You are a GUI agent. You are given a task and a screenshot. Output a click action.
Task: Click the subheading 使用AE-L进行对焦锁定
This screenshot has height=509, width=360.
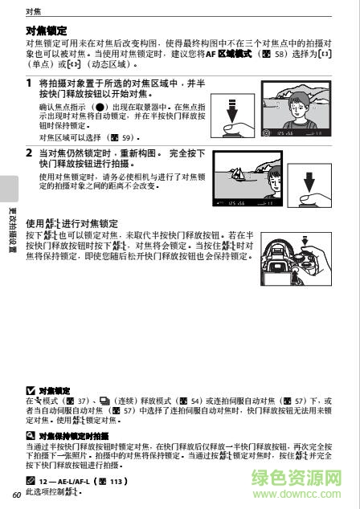[72, 223]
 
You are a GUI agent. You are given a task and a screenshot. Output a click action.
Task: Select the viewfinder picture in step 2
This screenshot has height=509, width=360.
[239, 180]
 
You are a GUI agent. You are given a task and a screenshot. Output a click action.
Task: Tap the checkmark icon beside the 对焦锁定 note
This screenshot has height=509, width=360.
[31, 390]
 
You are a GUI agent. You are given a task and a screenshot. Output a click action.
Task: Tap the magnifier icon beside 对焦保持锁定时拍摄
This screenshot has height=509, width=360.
[31, 436]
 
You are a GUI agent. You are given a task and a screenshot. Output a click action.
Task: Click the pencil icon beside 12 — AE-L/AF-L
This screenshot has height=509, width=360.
[31, 480]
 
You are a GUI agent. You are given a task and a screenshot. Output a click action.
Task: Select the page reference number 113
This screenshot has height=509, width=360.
[118, 480]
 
